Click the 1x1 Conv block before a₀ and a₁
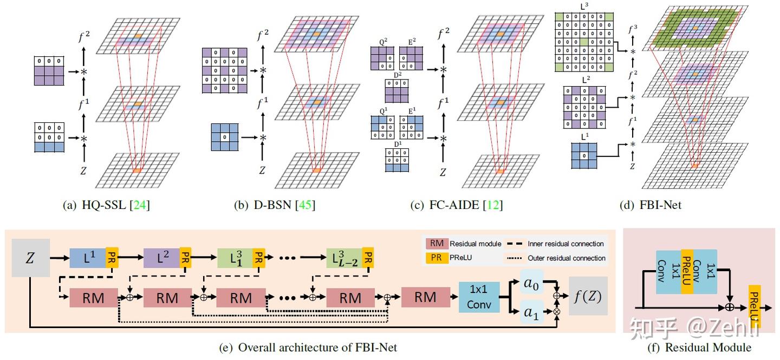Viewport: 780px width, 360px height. coord(479,298)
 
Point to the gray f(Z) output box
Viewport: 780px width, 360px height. coord(588,296)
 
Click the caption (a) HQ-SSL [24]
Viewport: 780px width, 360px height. coord(107,205)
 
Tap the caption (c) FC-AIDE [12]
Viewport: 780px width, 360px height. coord(442,205)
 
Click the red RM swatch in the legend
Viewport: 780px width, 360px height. coord(435,244)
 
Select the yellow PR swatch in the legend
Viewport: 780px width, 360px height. coord(435,258)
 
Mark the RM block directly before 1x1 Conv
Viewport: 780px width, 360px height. coord(425,297)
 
